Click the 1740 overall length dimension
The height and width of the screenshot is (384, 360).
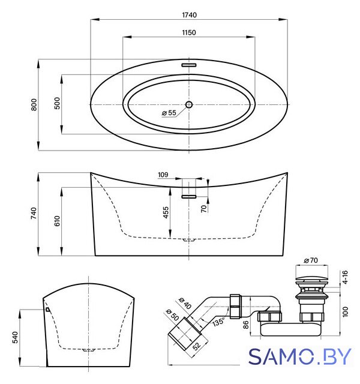pyautogui.click(x=190, y=15)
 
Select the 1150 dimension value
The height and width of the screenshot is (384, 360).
pyautogui.click(x=189, y=32)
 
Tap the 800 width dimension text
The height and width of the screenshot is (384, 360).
pyautogui.click(x=34, y=104)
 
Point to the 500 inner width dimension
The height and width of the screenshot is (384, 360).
pyautogui.click(x=57, y=103)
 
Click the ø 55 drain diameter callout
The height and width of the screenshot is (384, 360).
pyautogui.click(x=169, y=113)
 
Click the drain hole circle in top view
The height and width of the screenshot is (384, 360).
pyautogui.click(x=189, y=105)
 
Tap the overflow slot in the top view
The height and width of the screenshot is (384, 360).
pyautogui.click(x=189, y=65)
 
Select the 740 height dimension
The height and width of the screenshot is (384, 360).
pyautogui.click(x=34, y=213)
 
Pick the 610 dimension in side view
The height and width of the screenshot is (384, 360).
pyautogui.click(x=57, y=221)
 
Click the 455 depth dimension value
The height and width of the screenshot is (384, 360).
pyautogui.click(x=166, y=212)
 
